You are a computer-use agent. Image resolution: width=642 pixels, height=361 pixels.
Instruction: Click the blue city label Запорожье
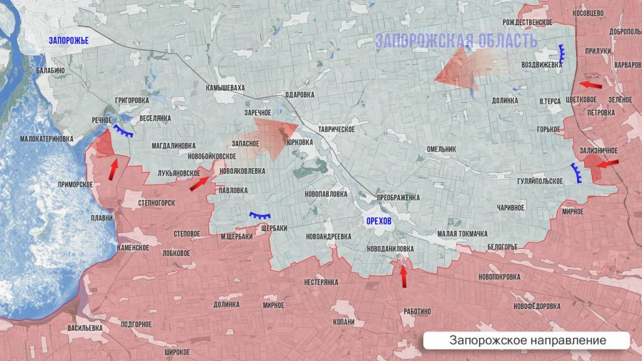(x=69, y=41)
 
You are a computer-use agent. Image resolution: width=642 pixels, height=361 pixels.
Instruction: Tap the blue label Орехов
(x=379, y=222)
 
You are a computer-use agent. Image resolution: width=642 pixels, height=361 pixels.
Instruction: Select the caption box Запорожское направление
(x=527, y=340)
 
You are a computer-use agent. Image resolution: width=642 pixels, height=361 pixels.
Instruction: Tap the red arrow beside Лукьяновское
(x=199, y=182)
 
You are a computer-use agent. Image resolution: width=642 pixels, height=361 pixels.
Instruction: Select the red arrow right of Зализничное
(x=604, y=164)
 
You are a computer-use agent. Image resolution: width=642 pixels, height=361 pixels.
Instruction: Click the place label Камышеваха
(x=225, y=88)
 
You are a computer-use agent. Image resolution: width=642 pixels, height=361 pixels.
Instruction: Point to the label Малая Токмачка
(x=462, y=234)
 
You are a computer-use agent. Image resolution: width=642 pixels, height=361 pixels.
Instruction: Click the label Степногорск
(x=156, y=204)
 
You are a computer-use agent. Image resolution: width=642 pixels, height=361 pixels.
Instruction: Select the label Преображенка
(x=397, y=197)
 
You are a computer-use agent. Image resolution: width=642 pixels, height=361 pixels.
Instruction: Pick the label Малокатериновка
(x=46, y=139)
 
